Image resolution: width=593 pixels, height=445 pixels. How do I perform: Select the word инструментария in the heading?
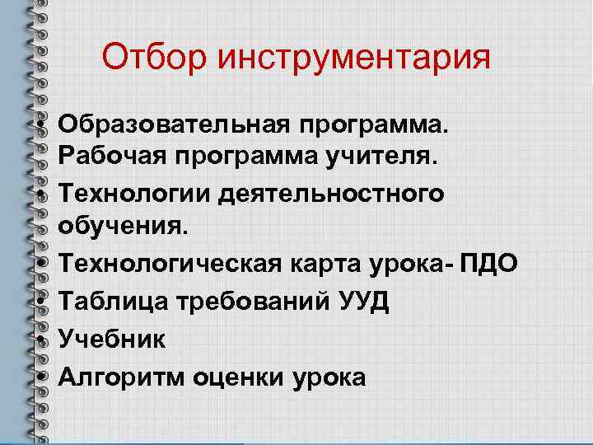354,59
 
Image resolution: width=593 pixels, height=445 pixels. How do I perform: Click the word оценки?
239,377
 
